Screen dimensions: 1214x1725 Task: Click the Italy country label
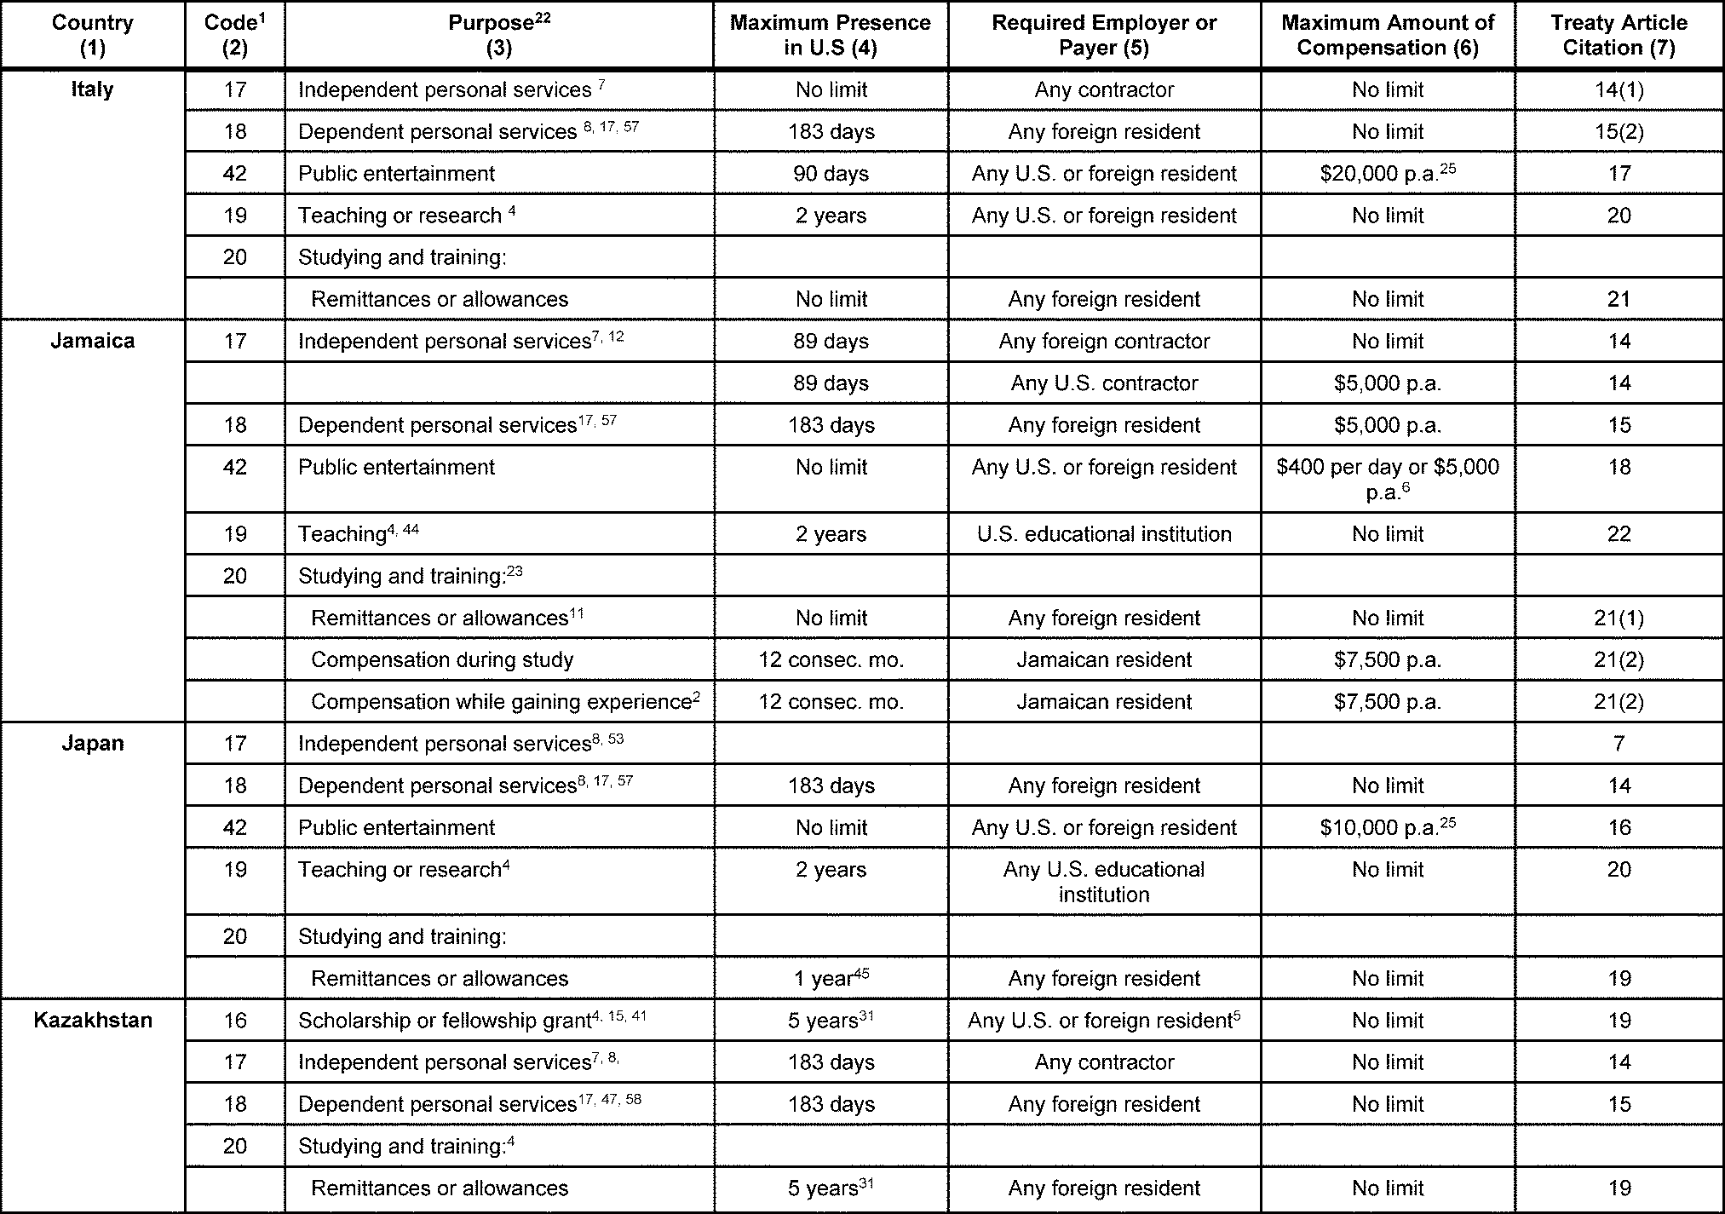point(92,89)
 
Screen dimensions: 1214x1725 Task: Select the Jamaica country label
point(92,341)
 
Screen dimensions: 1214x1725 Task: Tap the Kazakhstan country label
point(92,1020)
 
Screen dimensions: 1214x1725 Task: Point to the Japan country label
point(92,743)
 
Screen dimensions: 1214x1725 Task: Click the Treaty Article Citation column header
point(1618,35)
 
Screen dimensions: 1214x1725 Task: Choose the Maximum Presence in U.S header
point(830,35)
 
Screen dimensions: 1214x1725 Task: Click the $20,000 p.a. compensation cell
point(1387,173)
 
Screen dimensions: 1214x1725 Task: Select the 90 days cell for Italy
point(831,173)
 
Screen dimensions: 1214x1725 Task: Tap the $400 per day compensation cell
point(1387,478)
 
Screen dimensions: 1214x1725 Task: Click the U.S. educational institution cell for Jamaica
point(1104,534)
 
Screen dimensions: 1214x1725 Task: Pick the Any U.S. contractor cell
point(1104,383)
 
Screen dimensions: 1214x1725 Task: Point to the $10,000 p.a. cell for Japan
point(1387,827)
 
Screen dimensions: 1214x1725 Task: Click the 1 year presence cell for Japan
point(831,978)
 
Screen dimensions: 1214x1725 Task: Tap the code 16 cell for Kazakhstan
point(234,1020)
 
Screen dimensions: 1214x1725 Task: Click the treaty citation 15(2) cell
point(1618,131)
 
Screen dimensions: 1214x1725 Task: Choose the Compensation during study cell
point(442,659)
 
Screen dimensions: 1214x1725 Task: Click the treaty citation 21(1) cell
point(1618,618)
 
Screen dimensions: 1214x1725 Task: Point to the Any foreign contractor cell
point(1104,341)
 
